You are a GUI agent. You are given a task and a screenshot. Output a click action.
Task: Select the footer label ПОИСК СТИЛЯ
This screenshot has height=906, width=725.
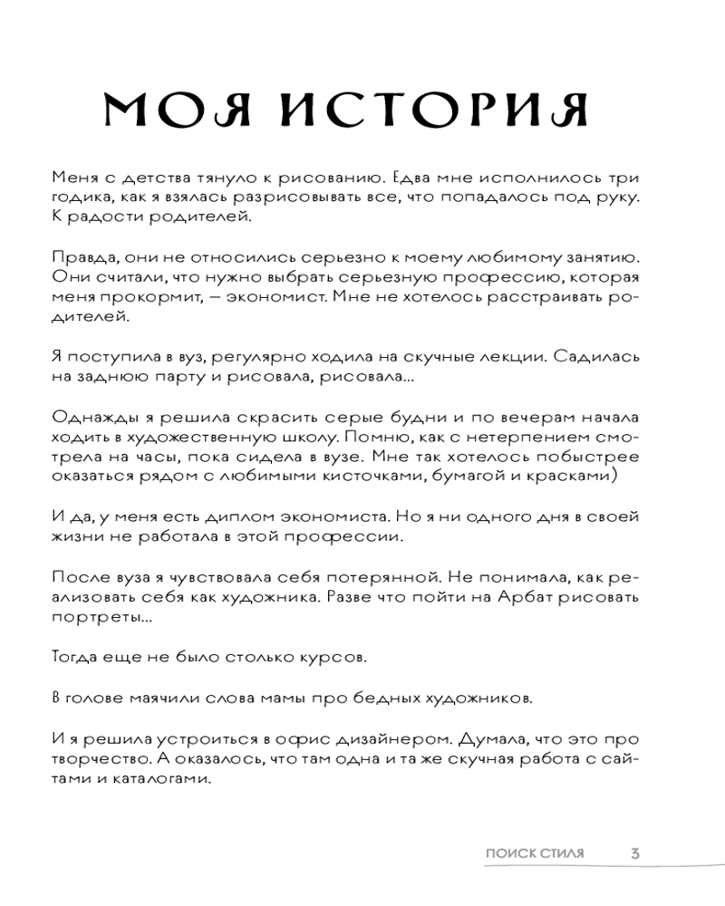coord(535,853)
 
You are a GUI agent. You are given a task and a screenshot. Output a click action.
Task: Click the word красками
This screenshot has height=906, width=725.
coord(573,481)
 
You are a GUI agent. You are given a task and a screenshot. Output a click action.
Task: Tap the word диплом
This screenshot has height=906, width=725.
coord(239,517)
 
